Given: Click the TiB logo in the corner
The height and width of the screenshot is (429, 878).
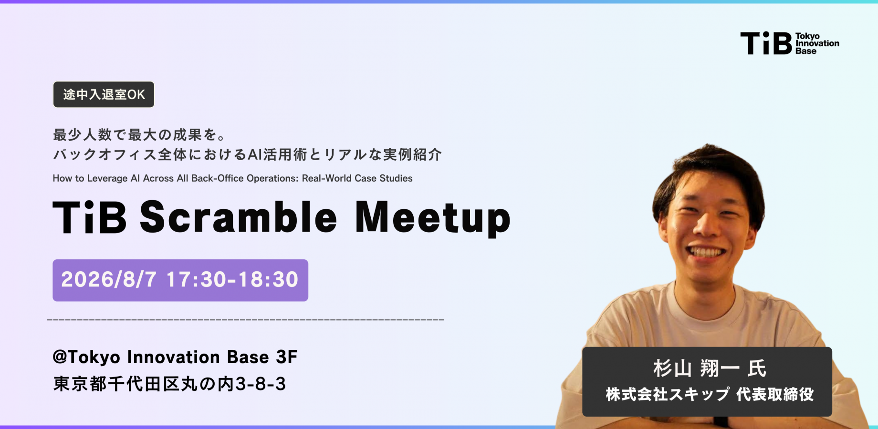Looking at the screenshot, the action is [790, 43].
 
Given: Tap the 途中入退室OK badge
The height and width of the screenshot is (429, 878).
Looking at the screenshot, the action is [104, 94].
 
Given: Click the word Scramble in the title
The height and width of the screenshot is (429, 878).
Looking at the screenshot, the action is [239, 217].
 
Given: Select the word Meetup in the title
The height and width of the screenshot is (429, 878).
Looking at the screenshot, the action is [433, 218].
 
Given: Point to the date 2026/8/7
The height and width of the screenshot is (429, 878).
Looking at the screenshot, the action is [109, 280].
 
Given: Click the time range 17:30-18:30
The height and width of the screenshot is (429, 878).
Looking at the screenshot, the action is [232, 280].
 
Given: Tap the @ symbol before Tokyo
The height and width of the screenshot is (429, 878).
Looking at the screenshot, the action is [60, 357].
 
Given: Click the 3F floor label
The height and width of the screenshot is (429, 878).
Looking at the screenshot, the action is [287, 357].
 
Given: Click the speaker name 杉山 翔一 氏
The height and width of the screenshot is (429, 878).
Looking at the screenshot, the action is [710, 368].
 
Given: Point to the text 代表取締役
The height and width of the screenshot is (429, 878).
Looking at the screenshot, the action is [775, 394].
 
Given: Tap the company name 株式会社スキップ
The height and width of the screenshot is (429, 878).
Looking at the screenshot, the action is [668, 394].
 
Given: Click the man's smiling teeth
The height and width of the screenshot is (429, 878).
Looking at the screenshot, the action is [706, 252].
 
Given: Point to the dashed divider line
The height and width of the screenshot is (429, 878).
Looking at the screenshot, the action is [246, 319].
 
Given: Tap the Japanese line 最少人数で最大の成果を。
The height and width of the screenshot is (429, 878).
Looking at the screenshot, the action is [139, 135].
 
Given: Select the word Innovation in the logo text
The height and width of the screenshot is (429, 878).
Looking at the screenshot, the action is [817, 43].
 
